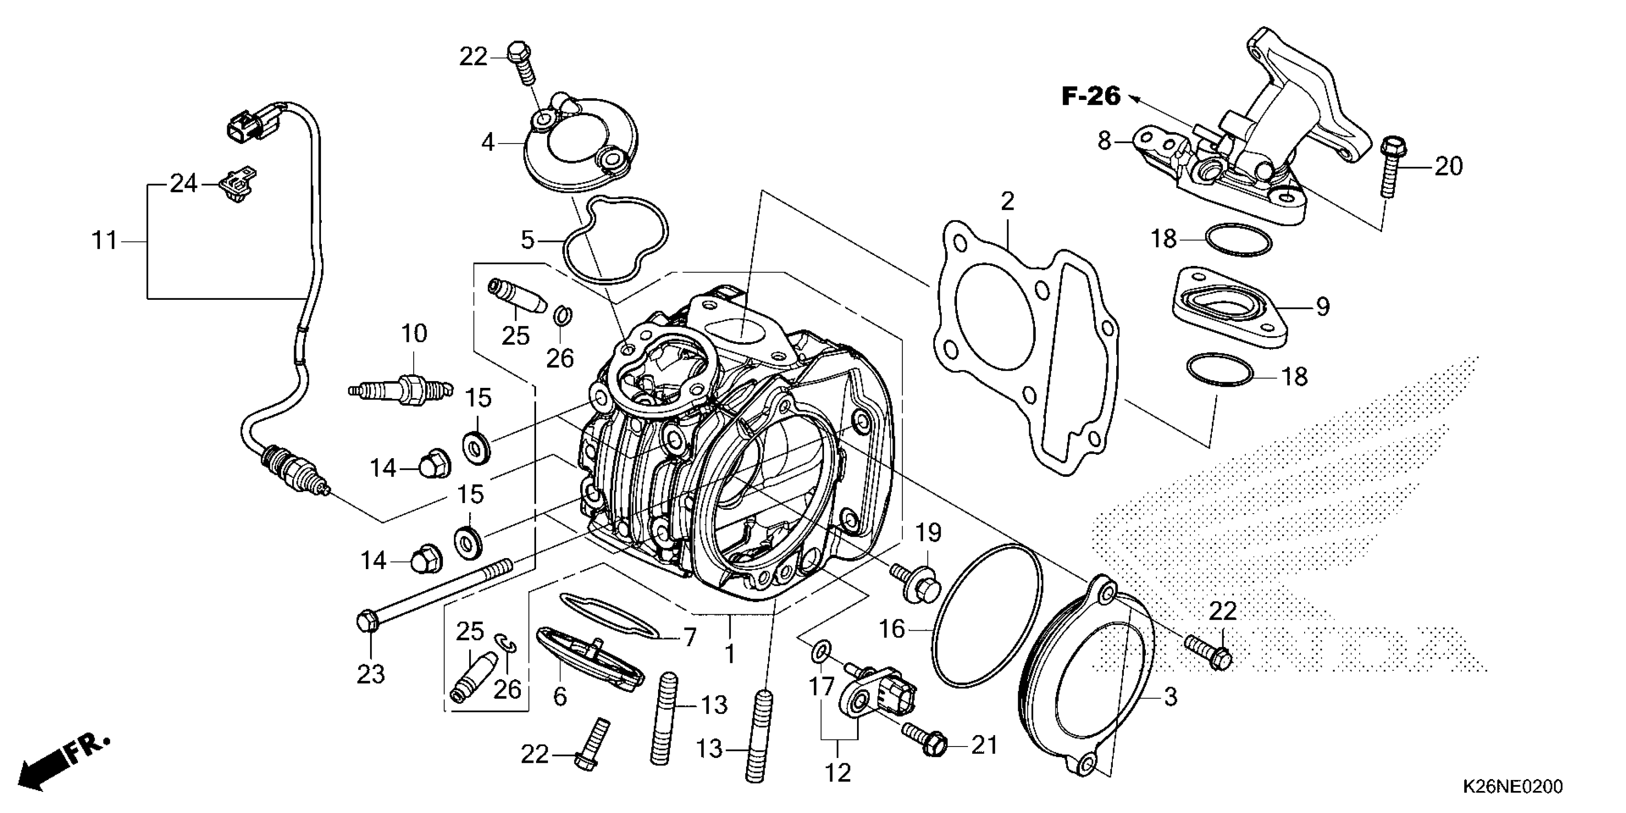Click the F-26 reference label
pos(1091,97)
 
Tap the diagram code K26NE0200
pos(1512,787)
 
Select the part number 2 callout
pos(1008,201)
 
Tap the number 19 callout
pos(929,533)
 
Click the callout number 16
pos(892,629)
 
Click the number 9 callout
pos(1322,307)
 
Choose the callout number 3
pos(1170,697)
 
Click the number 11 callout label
pos(105,241)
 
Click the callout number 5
pos(527,240)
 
